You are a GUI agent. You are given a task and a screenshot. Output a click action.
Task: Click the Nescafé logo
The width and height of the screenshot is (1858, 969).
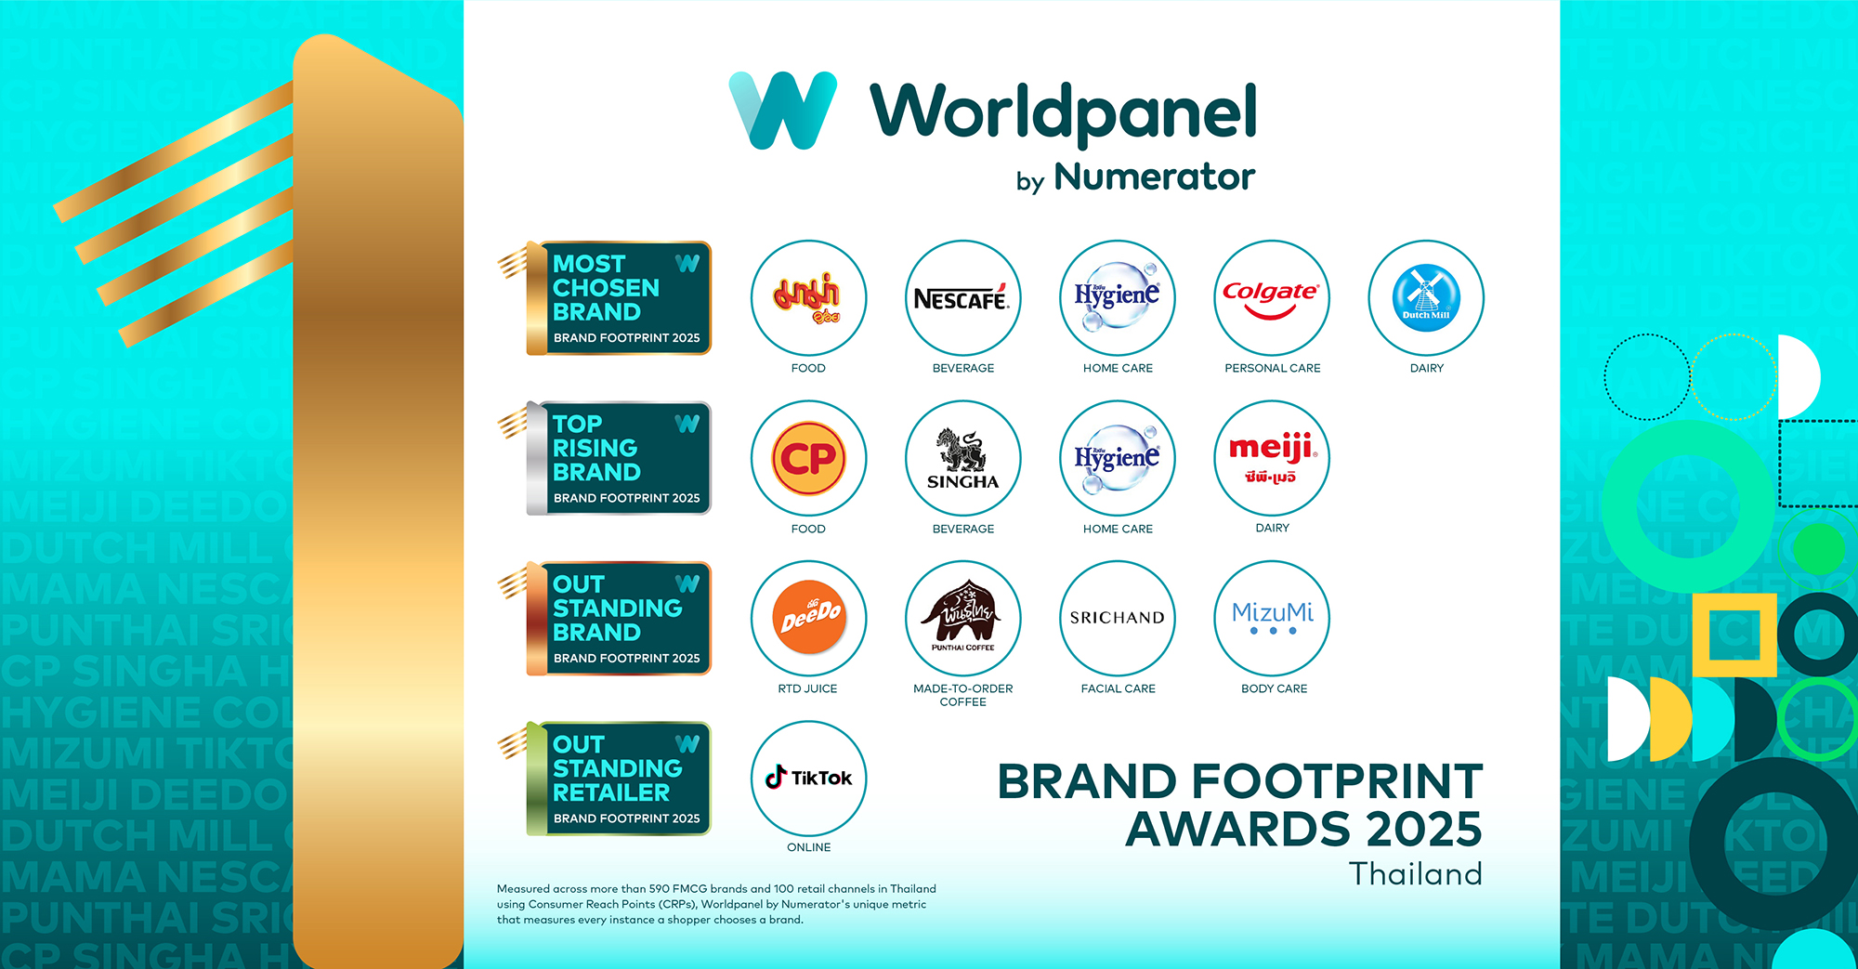(x=962, y=298)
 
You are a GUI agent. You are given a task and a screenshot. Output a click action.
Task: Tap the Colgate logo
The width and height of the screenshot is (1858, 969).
(x=1272, y=298)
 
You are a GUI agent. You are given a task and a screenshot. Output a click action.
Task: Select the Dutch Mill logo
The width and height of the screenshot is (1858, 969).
(x=1426, y=298)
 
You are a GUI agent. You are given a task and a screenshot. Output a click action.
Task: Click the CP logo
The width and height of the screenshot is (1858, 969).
(x=808, y=458)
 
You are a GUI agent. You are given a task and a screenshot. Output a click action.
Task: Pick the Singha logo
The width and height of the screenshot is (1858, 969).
(x=962, y=458)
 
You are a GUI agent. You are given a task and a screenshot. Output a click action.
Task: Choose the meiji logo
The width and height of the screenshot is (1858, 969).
(x=1272, y=458)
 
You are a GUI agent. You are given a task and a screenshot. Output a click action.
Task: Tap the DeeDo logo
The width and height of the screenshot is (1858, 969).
(x=808, y=618)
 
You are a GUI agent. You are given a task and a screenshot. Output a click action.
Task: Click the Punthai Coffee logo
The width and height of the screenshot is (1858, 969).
(x=962, y=618)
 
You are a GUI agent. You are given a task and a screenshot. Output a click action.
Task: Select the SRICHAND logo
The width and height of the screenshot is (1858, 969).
(x=1118, y=618)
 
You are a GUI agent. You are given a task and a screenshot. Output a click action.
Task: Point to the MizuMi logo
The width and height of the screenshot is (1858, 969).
(x=1272, y=618)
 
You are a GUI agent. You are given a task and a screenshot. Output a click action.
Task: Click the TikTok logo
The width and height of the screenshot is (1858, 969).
(x=808, y=779)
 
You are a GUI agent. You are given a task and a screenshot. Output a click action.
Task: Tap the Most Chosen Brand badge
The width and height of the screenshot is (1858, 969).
(x=618, y=298)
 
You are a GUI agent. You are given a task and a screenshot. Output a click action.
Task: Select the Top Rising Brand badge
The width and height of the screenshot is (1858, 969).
(x=618, y=458)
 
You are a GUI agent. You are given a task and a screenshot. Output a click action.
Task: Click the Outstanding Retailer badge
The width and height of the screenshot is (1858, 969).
(x=618, y=779)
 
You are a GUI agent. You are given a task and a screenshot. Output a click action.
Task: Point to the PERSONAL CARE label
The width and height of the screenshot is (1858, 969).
(x=1272, y=368)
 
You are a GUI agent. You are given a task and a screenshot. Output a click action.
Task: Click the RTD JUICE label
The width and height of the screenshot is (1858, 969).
(x=807, y=688)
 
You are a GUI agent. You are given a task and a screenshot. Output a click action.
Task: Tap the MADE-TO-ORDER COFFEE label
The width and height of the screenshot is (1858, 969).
(x=962, y=695)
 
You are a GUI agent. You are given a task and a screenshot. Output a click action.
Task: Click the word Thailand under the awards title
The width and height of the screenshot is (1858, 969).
(x=1415, y=874)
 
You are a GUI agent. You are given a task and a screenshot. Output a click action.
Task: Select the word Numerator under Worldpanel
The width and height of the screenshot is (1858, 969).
(x=1154, y=177)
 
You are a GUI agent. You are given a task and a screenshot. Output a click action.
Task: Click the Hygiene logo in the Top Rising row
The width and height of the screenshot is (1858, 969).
(x=1118, y=458)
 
